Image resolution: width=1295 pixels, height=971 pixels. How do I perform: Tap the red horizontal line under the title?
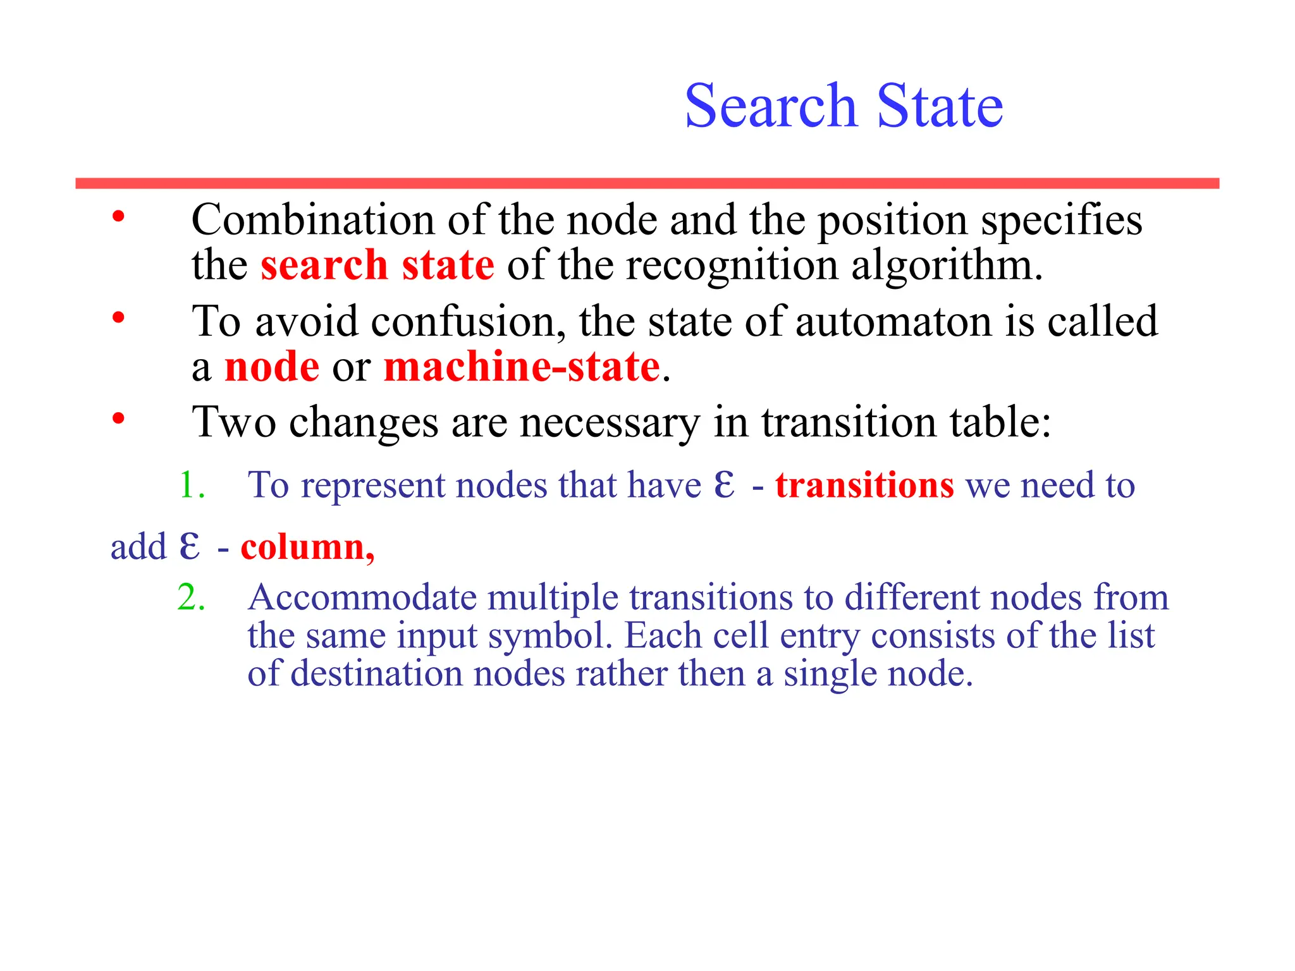pos(647,183)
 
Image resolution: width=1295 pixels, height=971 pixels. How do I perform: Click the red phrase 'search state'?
pos(377,265)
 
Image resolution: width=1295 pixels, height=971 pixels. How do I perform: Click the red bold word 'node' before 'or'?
pos(272,367)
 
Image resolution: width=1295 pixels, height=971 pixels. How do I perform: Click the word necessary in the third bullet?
pos(610,422)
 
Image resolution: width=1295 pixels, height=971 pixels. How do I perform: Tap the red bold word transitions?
pos(864,485)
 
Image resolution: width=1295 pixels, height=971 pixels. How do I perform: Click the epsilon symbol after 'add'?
pos(189,547)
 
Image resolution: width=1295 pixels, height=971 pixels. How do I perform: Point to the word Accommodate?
pos(362,597)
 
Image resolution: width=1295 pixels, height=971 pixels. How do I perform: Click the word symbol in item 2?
pos(550,636)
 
